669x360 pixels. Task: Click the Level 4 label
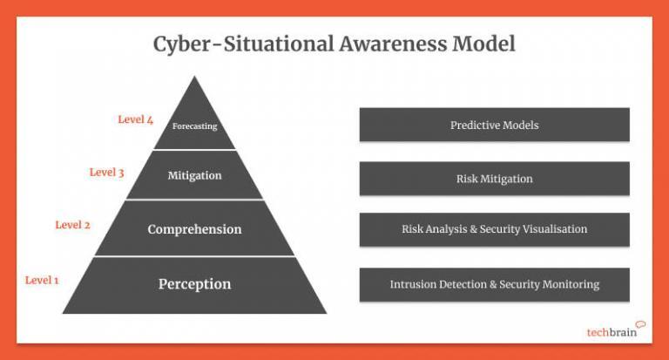tap(136, 119)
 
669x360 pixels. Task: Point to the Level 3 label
tap(106, 173)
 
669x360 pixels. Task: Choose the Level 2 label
tap(72, 225)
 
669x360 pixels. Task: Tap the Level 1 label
tap(42, 280)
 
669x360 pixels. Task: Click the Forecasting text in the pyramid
tap(194, 126)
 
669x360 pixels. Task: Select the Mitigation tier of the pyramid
tap(194, 175)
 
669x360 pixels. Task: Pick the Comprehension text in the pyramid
tap(194, 229)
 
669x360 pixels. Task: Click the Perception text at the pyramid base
tap(194, 284)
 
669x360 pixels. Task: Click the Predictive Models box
tap(494, 125)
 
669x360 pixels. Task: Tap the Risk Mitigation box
tap(494, 179)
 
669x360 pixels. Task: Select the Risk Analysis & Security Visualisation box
tap(494, 229)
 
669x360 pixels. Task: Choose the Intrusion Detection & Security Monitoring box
tap(494, 284)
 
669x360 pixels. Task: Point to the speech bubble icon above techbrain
tap(640, 324)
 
